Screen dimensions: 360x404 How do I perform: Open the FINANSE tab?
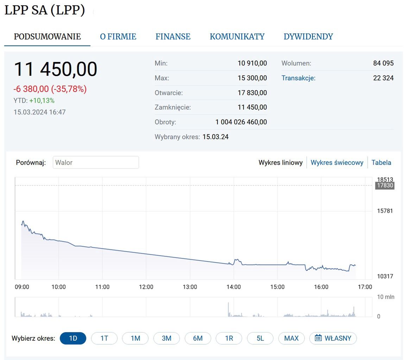(x=173, y=37)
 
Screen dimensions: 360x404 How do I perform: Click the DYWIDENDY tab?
(x=308, y=37)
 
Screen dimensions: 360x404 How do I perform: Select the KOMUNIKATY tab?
(x=237, y=37)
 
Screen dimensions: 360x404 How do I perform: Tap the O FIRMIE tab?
(x=118, y=37)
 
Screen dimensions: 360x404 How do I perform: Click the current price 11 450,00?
(x=56, y=69)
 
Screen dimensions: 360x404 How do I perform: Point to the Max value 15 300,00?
(x=252, y=78)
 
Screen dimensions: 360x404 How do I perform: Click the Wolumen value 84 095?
(x=383, y=63)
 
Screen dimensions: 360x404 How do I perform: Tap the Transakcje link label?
(x=298, y=78)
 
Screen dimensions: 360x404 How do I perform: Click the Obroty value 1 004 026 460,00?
(x=241, y=122)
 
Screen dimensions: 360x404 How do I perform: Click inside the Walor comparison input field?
(x=96, y=163)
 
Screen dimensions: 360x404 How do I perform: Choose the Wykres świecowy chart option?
(x=337, y=163)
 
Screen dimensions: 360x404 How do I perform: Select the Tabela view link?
(x=381, y=163)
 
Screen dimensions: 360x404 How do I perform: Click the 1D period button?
(x=73, y=339)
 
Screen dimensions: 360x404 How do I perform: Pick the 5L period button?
(x=260, y=339)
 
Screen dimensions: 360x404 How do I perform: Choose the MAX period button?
(x=291, y=339)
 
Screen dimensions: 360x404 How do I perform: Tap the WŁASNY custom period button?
(x=333, y=339)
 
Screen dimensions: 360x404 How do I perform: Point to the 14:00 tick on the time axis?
(x=234, y=287)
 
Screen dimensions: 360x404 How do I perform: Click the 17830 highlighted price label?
(x=385, y=185)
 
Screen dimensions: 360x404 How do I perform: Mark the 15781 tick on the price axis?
(x=385, y=211)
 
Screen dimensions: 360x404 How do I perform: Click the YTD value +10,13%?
(x=42, y=101)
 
